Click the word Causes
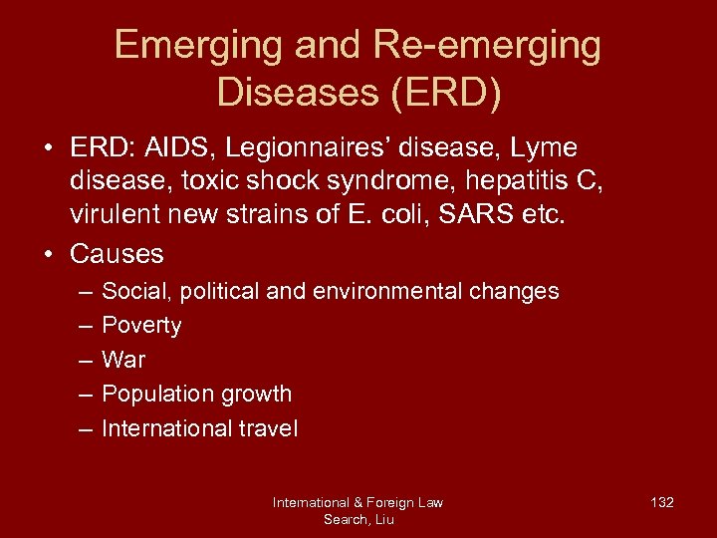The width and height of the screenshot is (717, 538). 117,253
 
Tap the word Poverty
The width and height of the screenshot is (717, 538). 141,326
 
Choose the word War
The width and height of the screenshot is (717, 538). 123,360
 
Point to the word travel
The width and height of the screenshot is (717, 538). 267,428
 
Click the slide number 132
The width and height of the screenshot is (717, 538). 661,502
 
